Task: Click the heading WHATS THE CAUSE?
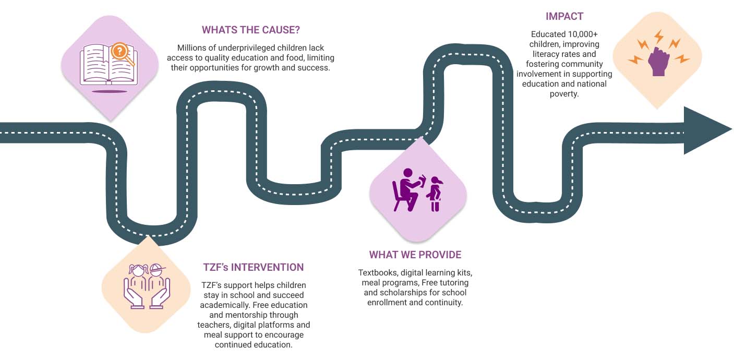click(251, 30)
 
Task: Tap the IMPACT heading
click(564, 16)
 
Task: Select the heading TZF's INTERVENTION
click(254, 267)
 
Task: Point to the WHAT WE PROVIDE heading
click(415, 255)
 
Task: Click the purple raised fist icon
click(658, 62)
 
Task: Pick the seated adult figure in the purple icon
click(406, 190)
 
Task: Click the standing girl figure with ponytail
click(435, 194)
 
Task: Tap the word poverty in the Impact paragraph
click(564, 94)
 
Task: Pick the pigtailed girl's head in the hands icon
click(138, 270)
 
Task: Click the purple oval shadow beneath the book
click(109, 92)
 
